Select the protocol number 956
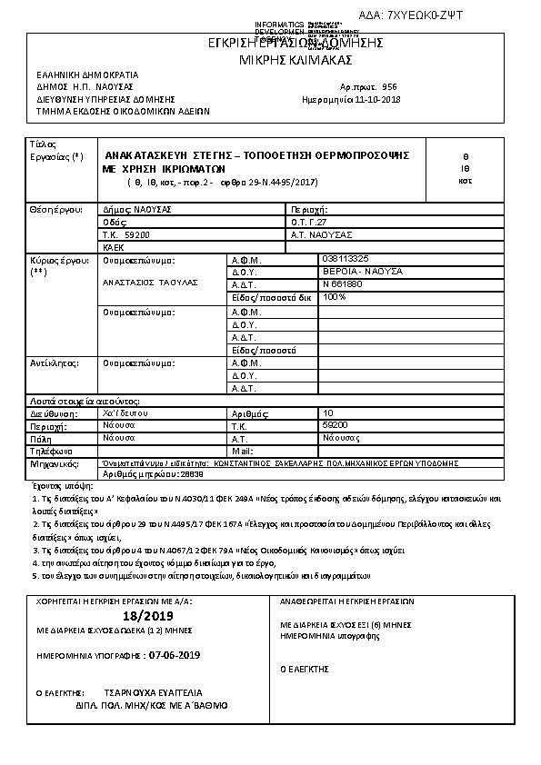pyautogui.click(x=389, y=82)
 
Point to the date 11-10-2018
pyautogui.click(x=377, y=99)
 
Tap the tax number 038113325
pyautogui.click(x=346, y=259)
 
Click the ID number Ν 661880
pyautogui.click(x=342, y=283)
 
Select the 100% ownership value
pyautogui.click(x=335, y=296)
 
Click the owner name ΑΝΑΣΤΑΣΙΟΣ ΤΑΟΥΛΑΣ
pyautogui.click(x=149, y=283)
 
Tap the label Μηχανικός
pyautogui.click(x=51, y=462)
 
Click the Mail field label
pyautogui.click(x=242, y=451)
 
